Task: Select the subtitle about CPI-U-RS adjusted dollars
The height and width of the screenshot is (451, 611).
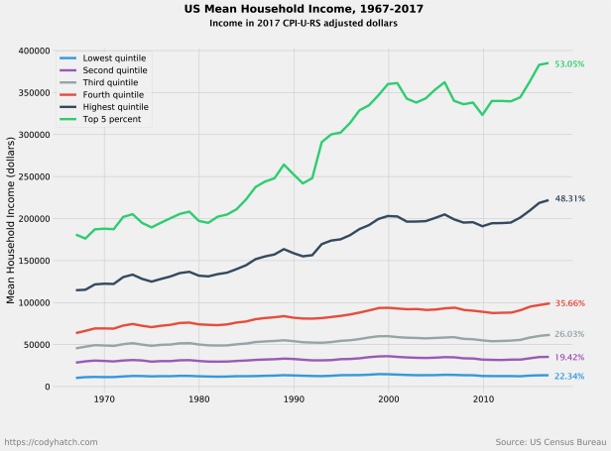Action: [x=308, y=23]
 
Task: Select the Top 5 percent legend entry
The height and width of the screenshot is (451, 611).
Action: [x=111, y=119]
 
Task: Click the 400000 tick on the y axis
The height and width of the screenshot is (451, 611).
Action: [x=34, y=51]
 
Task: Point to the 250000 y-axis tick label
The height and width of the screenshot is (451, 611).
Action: [x=34, y=176]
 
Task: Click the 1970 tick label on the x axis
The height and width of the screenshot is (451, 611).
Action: [x=104, y=399]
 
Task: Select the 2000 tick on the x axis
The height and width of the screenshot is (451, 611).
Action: [x=389, y=399]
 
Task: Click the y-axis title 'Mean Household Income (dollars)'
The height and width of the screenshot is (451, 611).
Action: [x=11, y=219]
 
